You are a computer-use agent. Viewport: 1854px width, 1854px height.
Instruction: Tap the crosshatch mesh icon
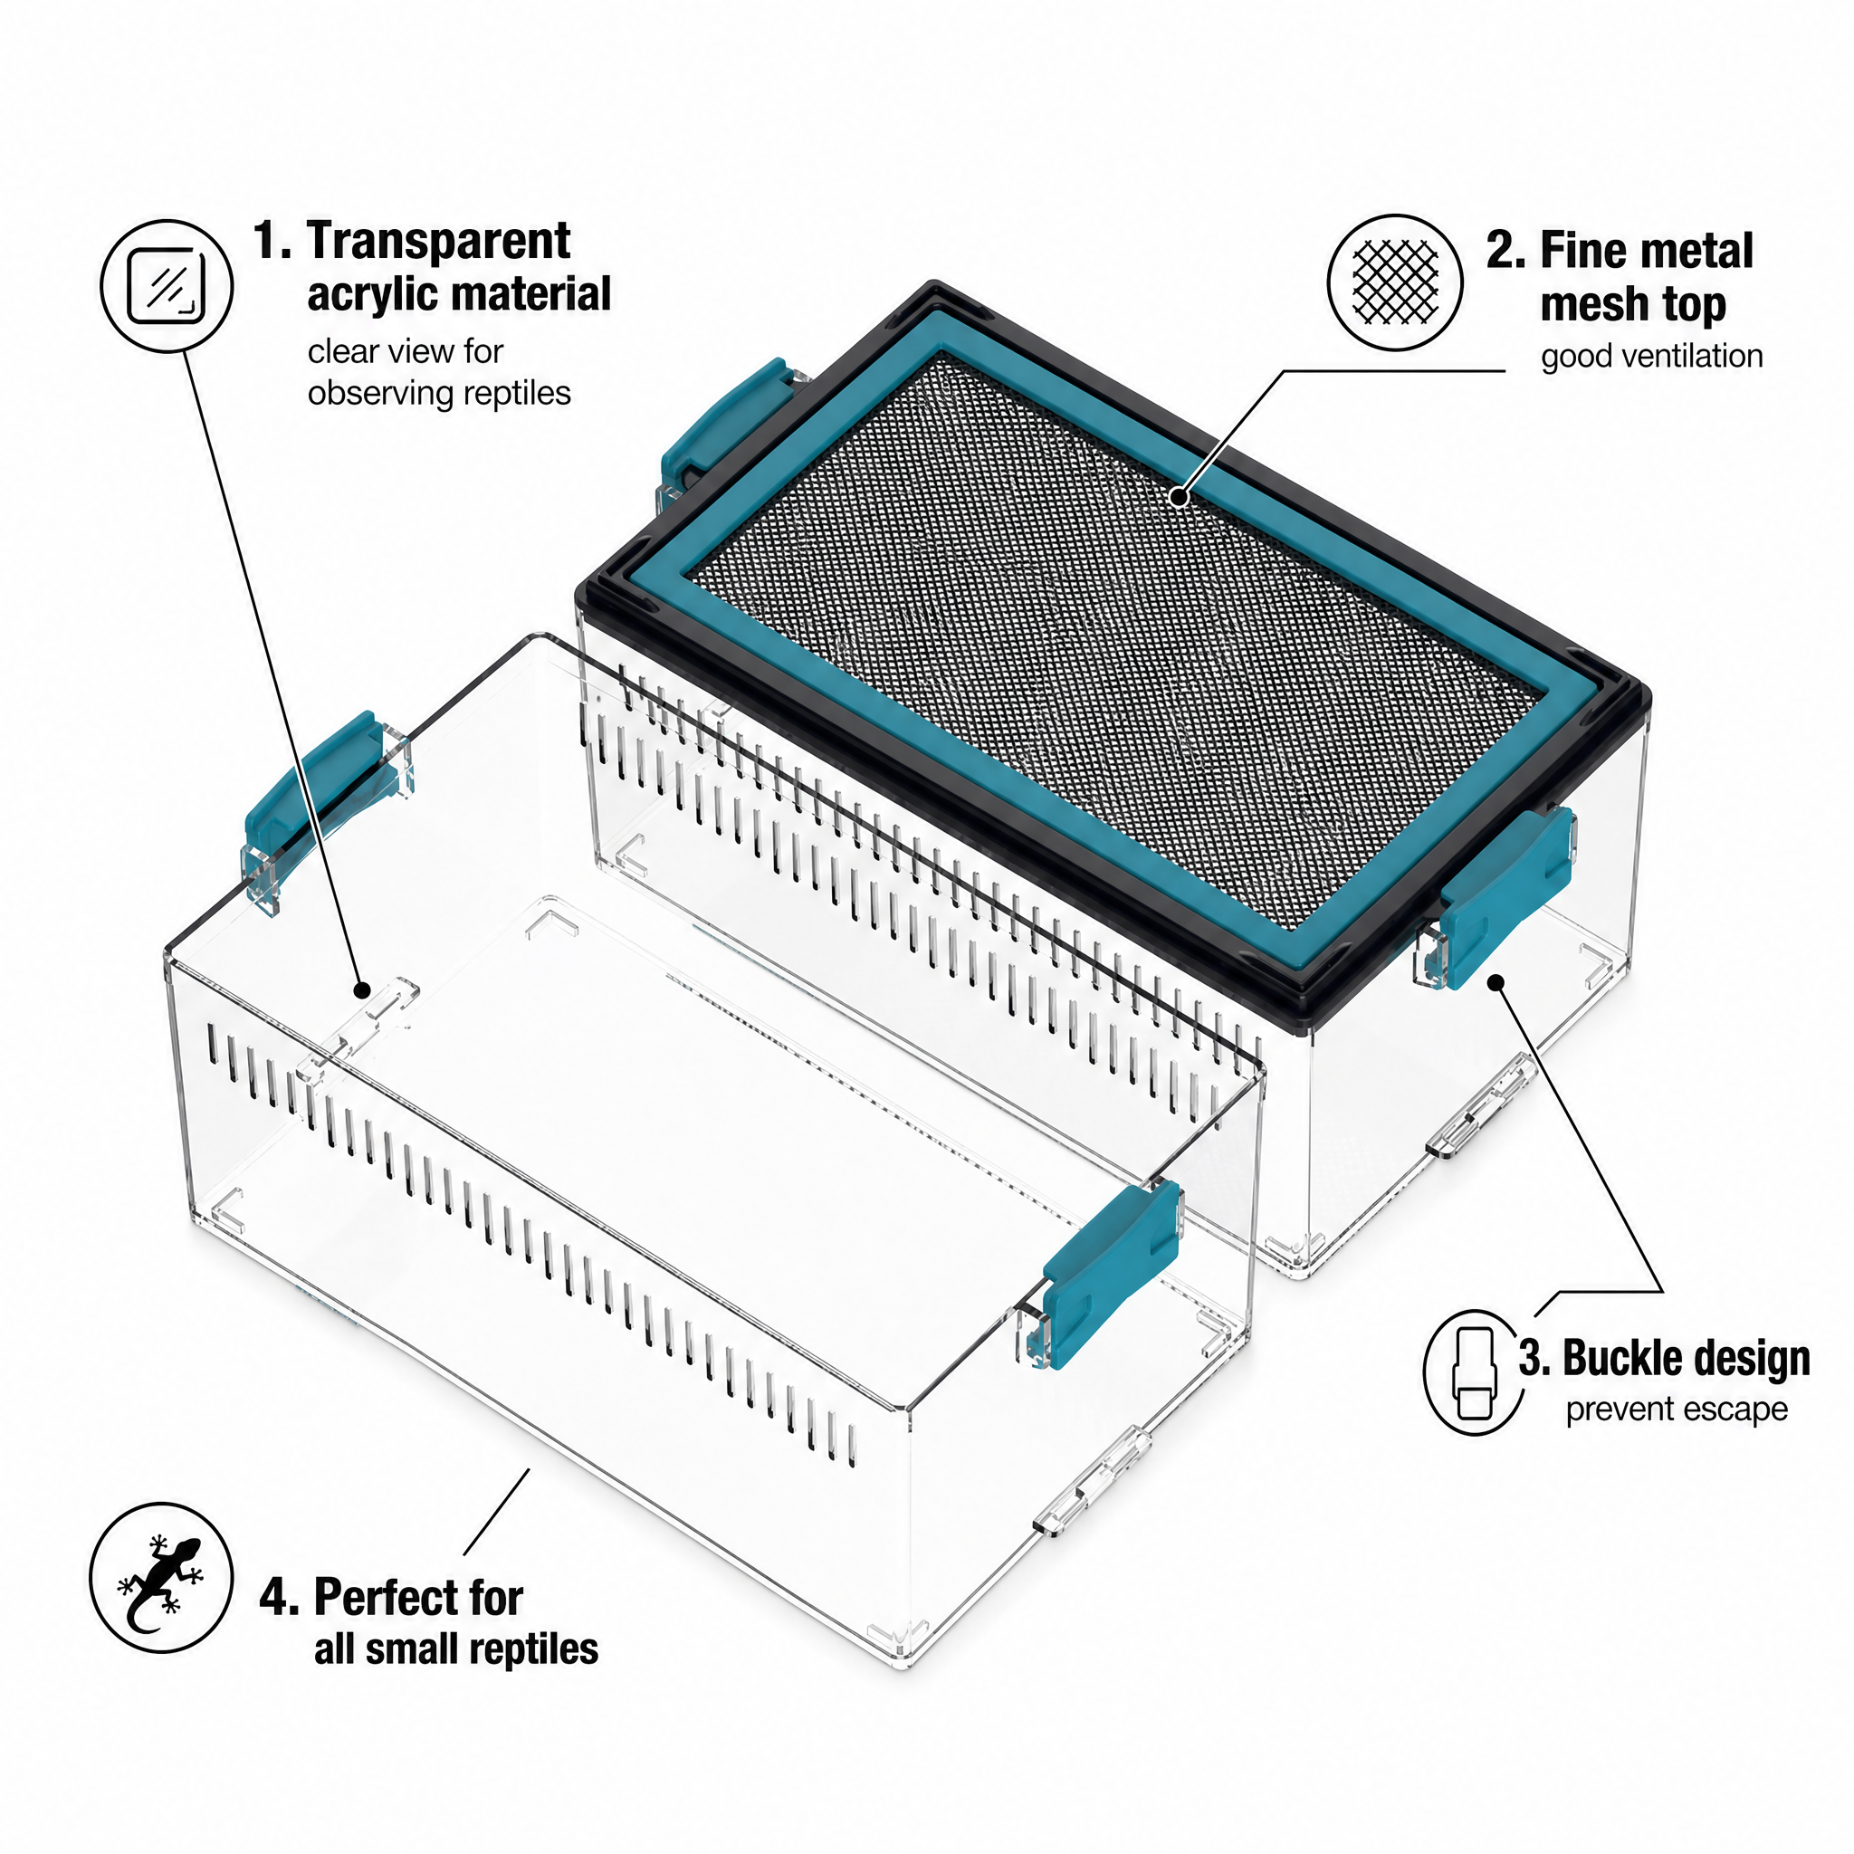point(1394,282)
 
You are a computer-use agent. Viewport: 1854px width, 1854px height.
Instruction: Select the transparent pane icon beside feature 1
point(166,286)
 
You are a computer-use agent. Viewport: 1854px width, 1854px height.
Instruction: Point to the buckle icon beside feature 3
point(1475,1373)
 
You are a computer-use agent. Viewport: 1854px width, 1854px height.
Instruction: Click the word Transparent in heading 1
point(438,241)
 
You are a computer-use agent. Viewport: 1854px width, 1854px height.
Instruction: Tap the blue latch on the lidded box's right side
point(1507,894)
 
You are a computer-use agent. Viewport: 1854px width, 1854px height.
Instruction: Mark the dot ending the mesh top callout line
point(1180,497)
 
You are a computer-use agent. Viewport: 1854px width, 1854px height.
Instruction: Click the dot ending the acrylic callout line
point(362,989)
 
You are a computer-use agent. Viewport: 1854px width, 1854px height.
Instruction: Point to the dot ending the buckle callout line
point(1496,981)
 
